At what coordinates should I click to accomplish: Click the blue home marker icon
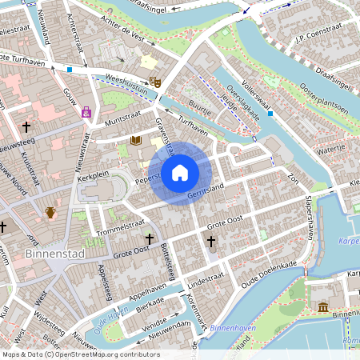click(180, 173)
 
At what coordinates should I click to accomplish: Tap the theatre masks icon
click(155, 82)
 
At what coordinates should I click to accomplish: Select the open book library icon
click(136, 141)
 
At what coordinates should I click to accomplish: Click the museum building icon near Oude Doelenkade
click(322, 307)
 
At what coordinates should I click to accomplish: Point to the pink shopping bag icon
click(86, 112)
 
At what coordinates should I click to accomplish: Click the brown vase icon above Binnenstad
click(50, 213)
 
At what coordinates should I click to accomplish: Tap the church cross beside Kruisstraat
click(26, 127)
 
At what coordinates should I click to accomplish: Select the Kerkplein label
click(93, 174)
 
